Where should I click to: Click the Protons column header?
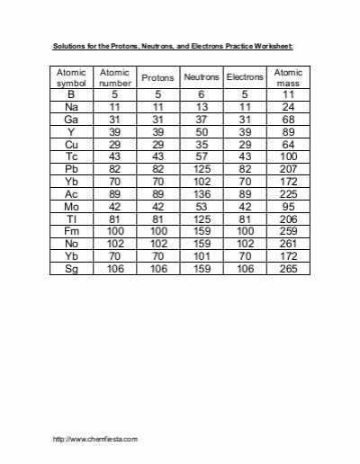[157, 78]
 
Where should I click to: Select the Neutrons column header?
[201, 78]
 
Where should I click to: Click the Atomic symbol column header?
[71, 77]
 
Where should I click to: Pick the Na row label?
[71, 105]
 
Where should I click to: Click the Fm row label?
[71, 232]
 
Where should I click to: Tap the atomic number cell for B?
[114, 94]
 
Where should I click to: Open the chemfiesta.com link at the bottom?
[95, 439]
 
